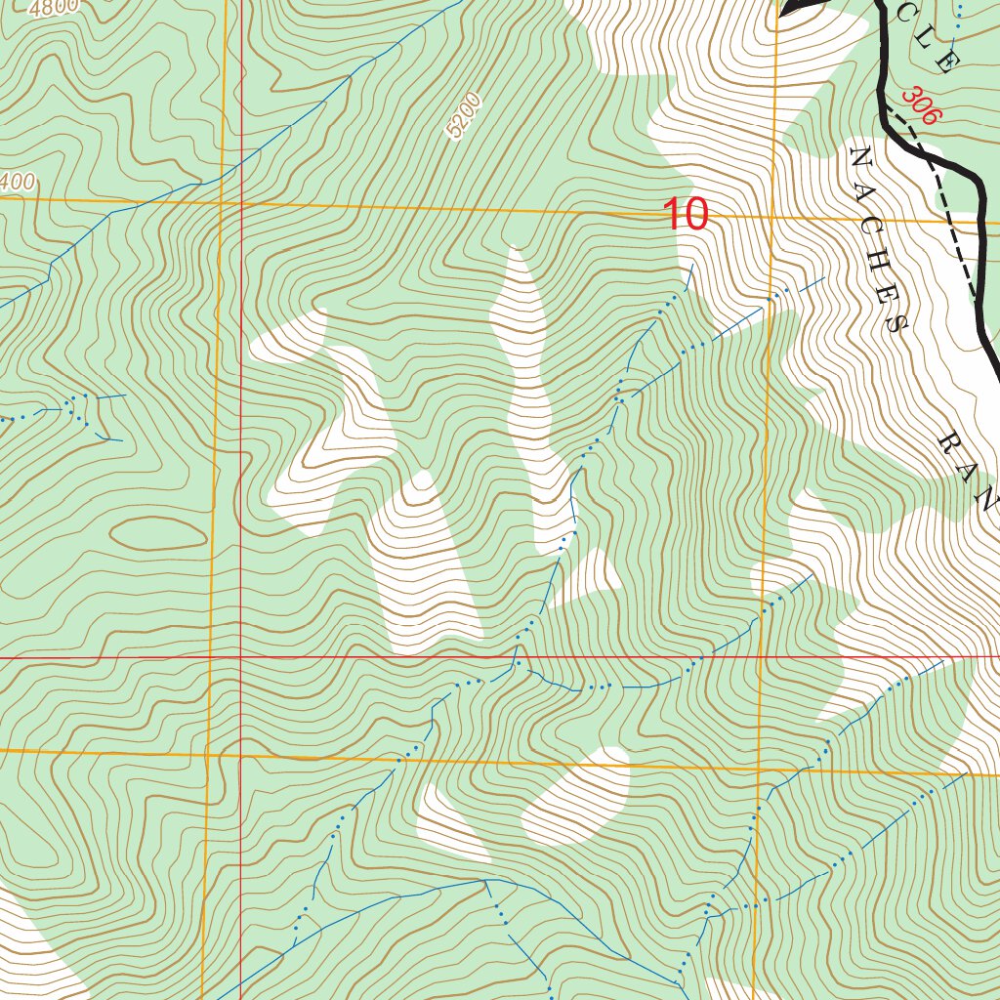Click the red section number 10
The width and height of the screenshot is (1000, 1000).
point(685,214)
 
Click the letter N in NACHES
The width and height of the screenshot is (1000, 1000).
point(861,157)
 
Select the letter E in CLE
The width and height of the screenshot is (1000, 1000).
point(944,63)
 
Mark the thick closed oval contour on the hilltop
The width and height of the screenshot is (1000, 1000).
point(158,533)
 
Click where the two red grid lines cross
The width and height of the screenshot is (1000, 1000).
point(239,657)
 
